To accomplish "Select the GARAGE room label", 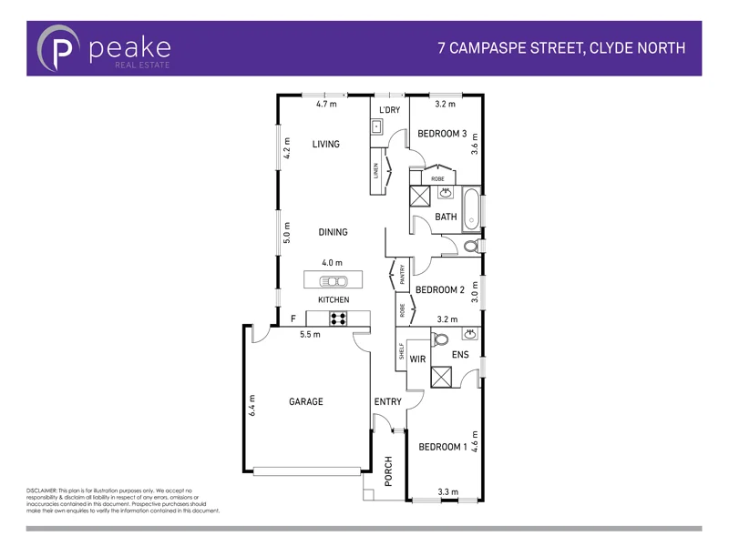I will [x=306, y=401].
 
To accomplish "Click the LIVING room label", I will [x=325, y=144].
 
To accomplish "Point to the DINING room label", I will [x=333, y=232].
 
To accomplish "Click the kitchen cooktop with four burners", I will [x=338, y=318].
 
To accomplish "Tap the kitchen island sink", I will [x=333, y=280].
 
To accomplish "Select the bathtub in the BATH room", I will [x=471, y=209].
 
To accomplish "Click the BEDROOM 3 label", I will [x=442, y=134].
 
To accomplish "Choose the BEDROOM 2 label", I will [x=440, y=289].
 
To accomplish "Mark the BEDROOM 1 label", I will [x=442, y=447].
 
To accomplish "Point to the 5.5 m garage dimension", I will [x=311, y=334].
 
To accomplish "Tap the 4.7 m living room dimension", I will [x=326, y=105].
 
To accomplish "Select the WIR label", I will [x=418, y=359].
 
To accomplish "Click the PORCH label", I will [x=388, y=470].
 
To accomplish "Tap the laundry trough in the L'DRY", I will [x=375, y=126].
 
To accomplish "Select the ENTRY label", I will [x=387, y=401].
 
